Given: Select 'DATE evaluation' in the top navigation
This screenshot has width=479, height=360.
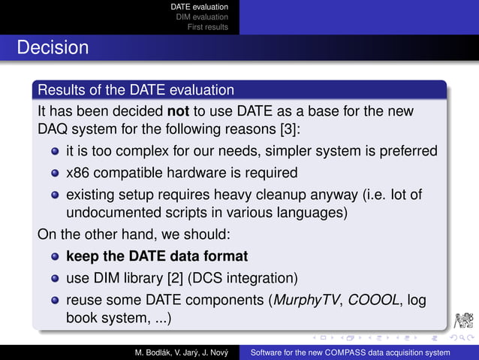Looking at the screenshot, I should pos(199,7).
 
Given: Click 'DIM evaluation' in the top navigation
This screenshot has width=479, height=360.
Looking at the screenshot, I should pos(202,17).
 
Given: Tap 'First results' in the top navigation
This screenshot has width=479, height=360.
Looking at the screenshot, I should pos(208,27).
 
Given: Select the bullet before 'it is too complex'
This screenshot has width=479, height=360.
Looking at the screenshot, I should pos(55,152).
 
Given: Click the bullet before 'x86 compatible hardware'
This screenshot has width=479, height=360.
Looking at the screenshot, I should pos(55,173).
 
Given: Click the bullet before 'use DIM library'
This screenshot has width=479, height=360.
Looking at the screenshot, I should pos(55,277).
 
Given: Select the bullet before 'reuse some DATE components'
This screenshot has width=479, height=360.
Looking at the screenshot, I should pos(55,299).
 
